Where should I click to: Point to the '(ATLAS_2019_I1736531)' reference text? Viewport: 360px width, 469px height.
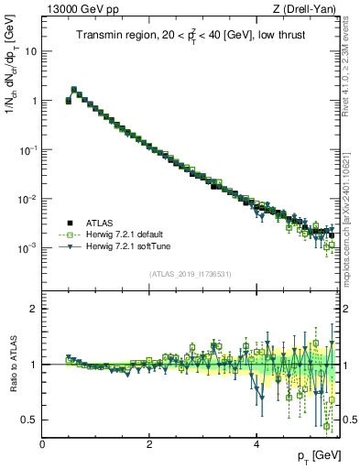coord(190,273)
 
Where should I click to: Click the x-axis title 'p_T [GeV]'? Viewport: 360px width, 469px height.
coord(316,455)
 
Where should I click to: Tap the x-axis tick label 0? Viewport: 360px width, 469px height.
coord(42,444)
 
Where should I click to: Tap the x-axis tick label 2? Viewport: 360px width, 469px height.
coord(149,444)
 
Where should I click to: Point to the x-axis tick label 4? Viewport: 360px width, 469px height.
coord(256,444)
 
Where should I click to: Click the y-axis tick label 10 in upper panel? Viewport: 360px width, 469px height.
coord(31,51)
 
